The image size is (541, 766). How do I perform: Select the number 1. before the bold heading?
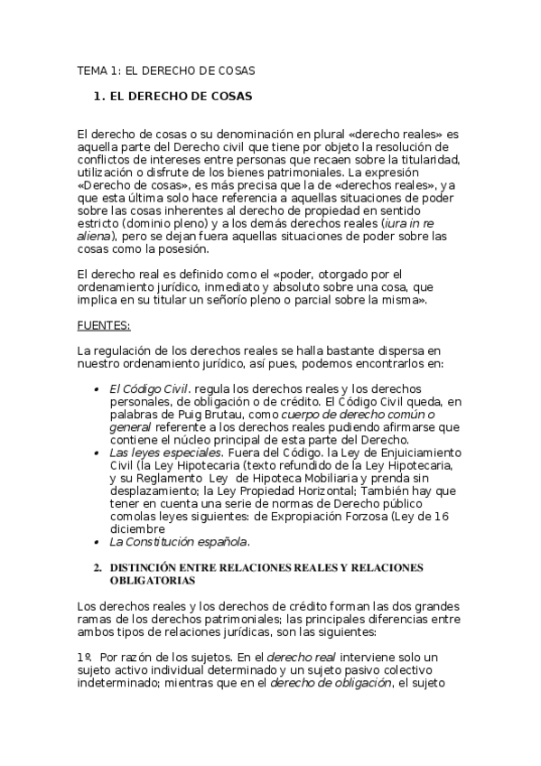coord(100,94)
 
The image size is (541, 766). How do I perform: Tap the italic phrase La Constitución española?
coord(179,542)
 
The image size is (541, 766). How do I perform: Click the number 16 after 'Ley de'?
coord(441,516)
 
